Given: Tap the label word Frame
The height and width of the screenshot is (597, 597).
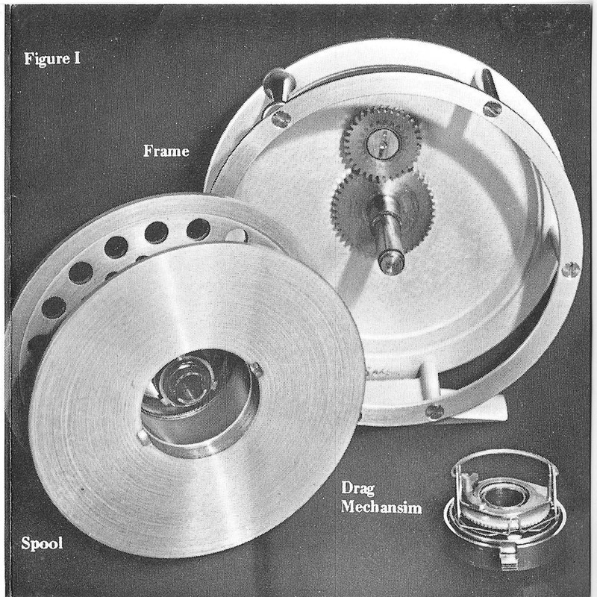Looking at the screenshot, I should [x=166, y=151].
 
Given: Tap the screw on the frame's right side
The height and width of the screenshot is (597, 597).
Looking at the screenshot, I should [x=571, y=269].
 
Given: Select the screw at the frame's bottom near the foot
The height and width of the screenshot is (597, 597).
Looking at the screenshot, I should [x=434, y=410].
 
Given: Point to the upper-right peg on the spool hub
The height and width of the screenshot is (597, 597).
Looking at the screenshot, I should [x=256, y=367].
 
